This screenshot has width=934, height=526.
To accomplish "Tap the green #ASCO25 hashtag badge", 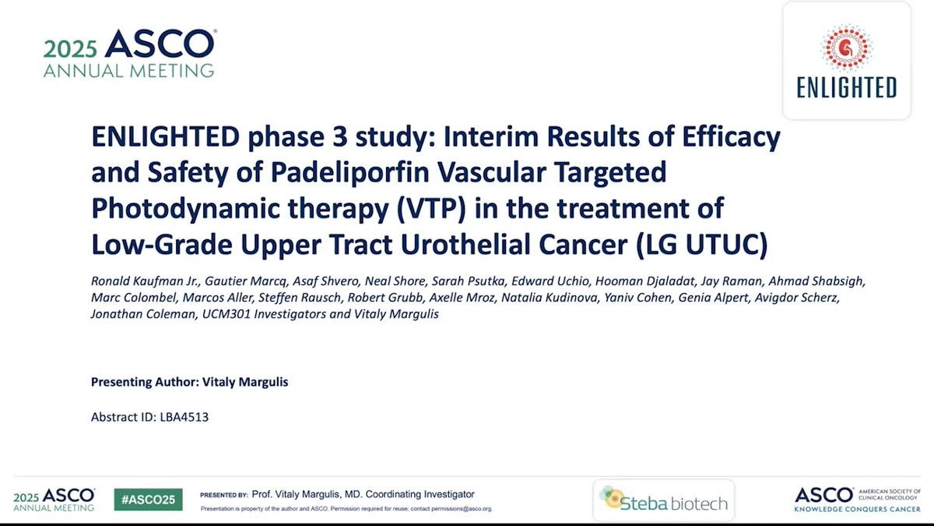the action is pyautogui.click(x=148, y=500).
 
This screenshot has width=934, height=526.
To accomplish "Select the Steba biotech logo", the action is pyautogui.click(x=664, y=500).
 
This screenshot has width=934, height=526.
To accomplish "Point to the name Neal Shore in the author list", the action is pyautogui.click(x=395, y=281).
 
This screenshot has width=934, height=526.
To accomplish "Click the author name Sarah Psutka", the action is pyautogui.click(x=468, y=281).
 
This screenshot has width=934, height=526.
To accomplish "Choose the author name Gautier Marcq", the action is pyautogui.click(x=245, y=281).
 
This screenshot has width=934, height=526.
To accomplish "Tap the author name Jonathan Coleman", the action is pyautogui.click(x=143, y=314).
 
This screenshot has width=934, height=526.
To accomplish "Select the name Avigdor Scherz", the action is pyautogui.click(x=796, y=298).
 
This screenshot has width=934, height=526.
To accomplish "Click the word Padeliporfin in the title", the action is pyautogui.click(x=350, y=172).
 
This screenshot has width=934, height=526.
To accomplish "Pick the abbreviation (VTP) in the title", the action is pyautogui.click(x=431, y=209).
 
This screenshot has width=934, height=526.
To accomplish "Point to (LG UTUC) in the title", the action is pyautogui.click(x=702, y=244).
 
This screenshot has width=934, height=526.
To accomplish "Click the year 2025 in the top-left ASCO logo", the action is pyautogui.click(x=70, y=49).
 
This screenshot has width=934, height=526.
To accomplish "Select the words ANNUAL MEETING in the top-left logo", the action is pyautogui.click(x=129, y=71).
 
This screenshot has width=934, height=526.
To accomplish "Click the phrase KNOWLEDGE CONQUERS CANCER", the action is pyautogui.click(x=857, y=509).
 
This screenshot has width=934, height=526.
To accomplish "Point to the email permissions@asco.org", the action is pyautogui.click(x=462, y=509).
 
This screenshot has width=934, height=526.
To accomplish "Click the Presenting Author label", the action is pyautogui.click(x=145, y=382).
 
